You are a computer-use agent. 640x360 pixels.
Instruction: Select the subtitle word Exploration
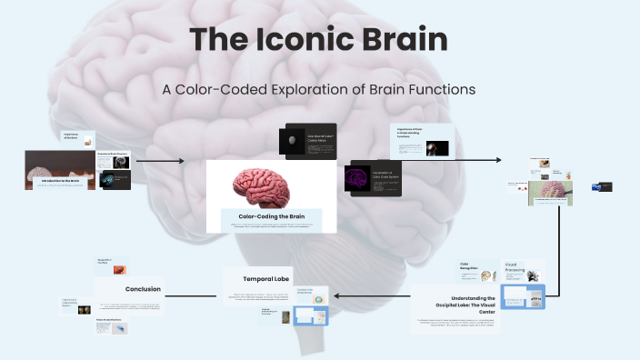[x=328, y=90]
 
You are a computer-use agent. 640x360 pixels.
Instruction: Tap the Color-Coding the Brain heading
[x=270, y=217]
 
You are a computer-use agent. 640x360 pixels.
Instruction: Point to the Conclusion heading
[x=143, y=289]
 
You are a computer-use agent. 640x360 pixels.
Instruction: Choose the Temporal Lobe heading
[x=265, y=278]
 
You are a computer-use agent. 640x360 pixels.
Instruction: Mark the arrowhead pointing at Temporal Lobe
[x=338, y=295]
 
